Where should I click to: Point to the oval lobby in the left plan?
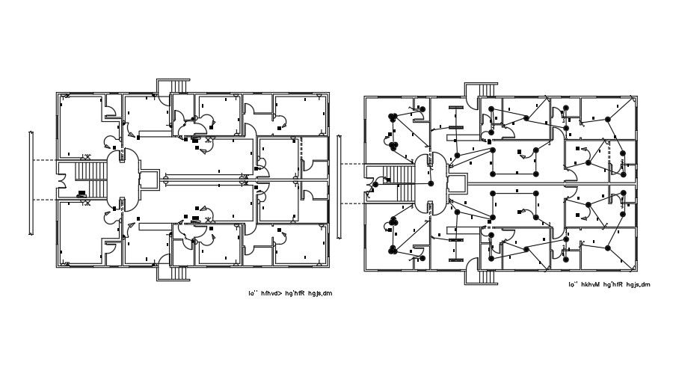tap(121, 180)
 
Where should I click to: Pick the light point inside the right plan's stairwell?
tap(388, 180)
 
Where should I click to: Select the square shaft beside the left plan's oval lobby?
tap(150, 180)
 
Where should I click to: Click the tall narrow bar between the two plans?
tap(339, 182)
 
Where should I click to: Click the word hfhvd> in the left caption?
tap(275, 293)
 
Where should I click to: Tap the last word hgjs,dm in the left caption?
tap(319, 293)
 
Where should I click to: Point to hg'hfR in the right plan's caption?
tap(617, 285)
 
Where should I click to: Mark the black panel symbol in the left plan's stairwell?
tap(81, 194)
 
